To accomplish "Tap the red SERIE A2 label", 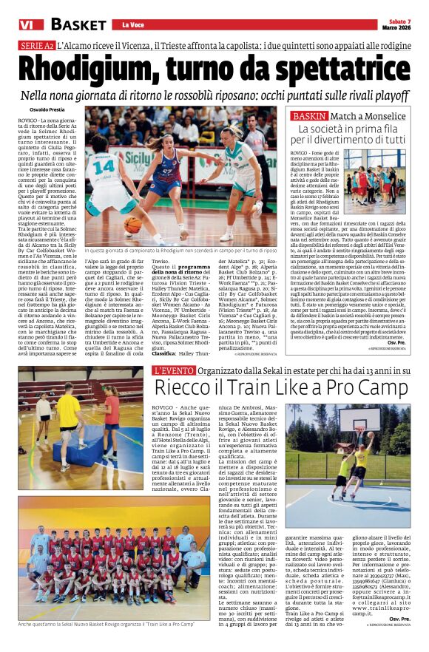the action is click(x=36, y=45).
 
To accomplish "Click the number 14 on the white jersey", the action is click(x=104, y=166).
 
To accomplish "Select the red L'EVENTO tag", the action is click(x=174, y=370).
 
